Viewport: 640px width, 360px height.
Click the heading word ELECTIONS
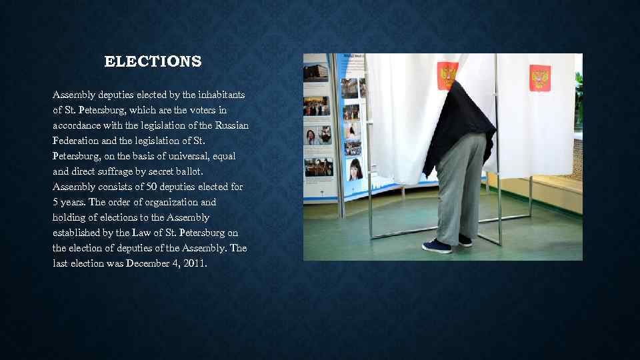[x=153, y=62]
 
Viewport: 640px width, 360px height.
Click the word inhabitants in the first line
[x=217, y=94]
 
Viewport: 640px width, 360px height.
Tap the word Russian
[x=232, y=125]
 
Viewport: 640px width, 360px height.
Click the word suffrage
[x=117, y=171]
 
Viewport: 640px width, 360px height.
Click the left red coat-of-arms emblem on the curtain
[x=447, y=76]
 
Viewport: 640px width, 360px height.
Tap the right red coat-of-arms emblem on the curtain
[x=539, y=77]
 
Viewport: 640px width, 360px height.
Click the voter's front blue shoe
[x=437, y=246]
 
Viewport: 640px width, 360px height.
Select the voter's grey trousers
[x=461, y=187]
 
